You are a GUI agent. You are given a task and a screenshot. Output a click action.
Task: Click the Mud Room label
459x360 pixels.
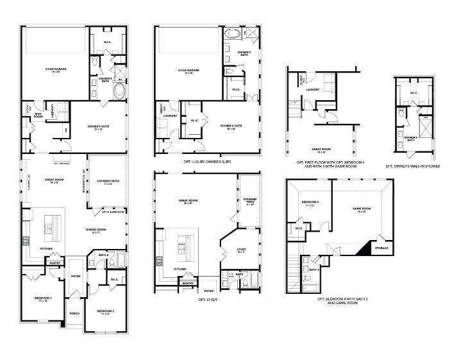point(38,116)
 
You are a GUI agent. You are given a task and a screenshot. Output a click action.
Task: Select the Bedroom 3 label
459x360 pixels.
point(43,299)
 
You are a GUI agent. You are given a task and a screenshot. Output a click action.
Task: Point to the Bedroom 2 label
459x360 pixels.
point(106,313)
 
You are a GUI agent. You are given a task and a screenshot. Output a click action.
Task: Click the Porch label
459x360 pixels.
point(74,314)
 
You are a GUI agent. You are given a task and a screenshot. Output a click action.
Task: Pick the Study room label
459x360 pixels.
point(242,251)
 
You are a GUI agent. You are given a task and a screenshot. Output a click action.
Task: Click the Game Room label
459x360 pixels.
point(363,209)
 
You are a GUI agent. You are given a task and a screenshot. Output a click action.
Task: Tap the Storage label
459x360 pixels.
point(381,248)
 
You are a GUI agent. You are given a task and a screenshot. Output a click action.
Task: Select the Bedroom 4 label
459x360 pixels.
point(310,205)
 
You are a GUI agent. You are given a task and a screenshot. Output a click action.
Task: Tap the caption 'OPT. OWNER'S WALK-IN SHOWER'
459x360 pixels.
point(416,166)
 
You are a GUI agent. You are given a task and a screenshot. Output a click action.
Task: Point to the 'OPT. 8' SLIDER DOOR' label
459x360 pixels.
point(113,211)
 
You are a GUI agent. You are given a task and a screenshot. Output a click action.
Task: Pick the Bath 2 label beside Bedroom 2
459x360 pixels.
point(103,255)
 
